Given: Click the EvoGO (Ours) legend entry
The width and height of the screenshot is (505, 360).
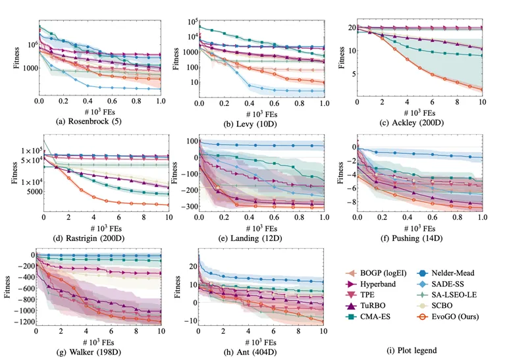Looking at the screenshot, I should click(x=452, y=319).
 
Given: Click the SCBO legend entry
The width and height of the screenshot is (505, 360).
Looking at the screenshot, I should click(x=445, y=307).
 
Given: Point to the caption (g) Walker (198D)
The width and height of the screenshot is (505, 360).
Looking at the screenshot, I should click(x=100, y=347).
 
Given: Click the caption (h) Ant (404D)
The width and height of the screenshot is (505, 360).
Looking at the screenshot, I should click(x=259, y=347).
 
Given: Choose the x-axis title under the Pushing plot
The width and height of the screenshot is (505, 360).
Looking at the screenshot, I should click(x=421, y=224).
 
